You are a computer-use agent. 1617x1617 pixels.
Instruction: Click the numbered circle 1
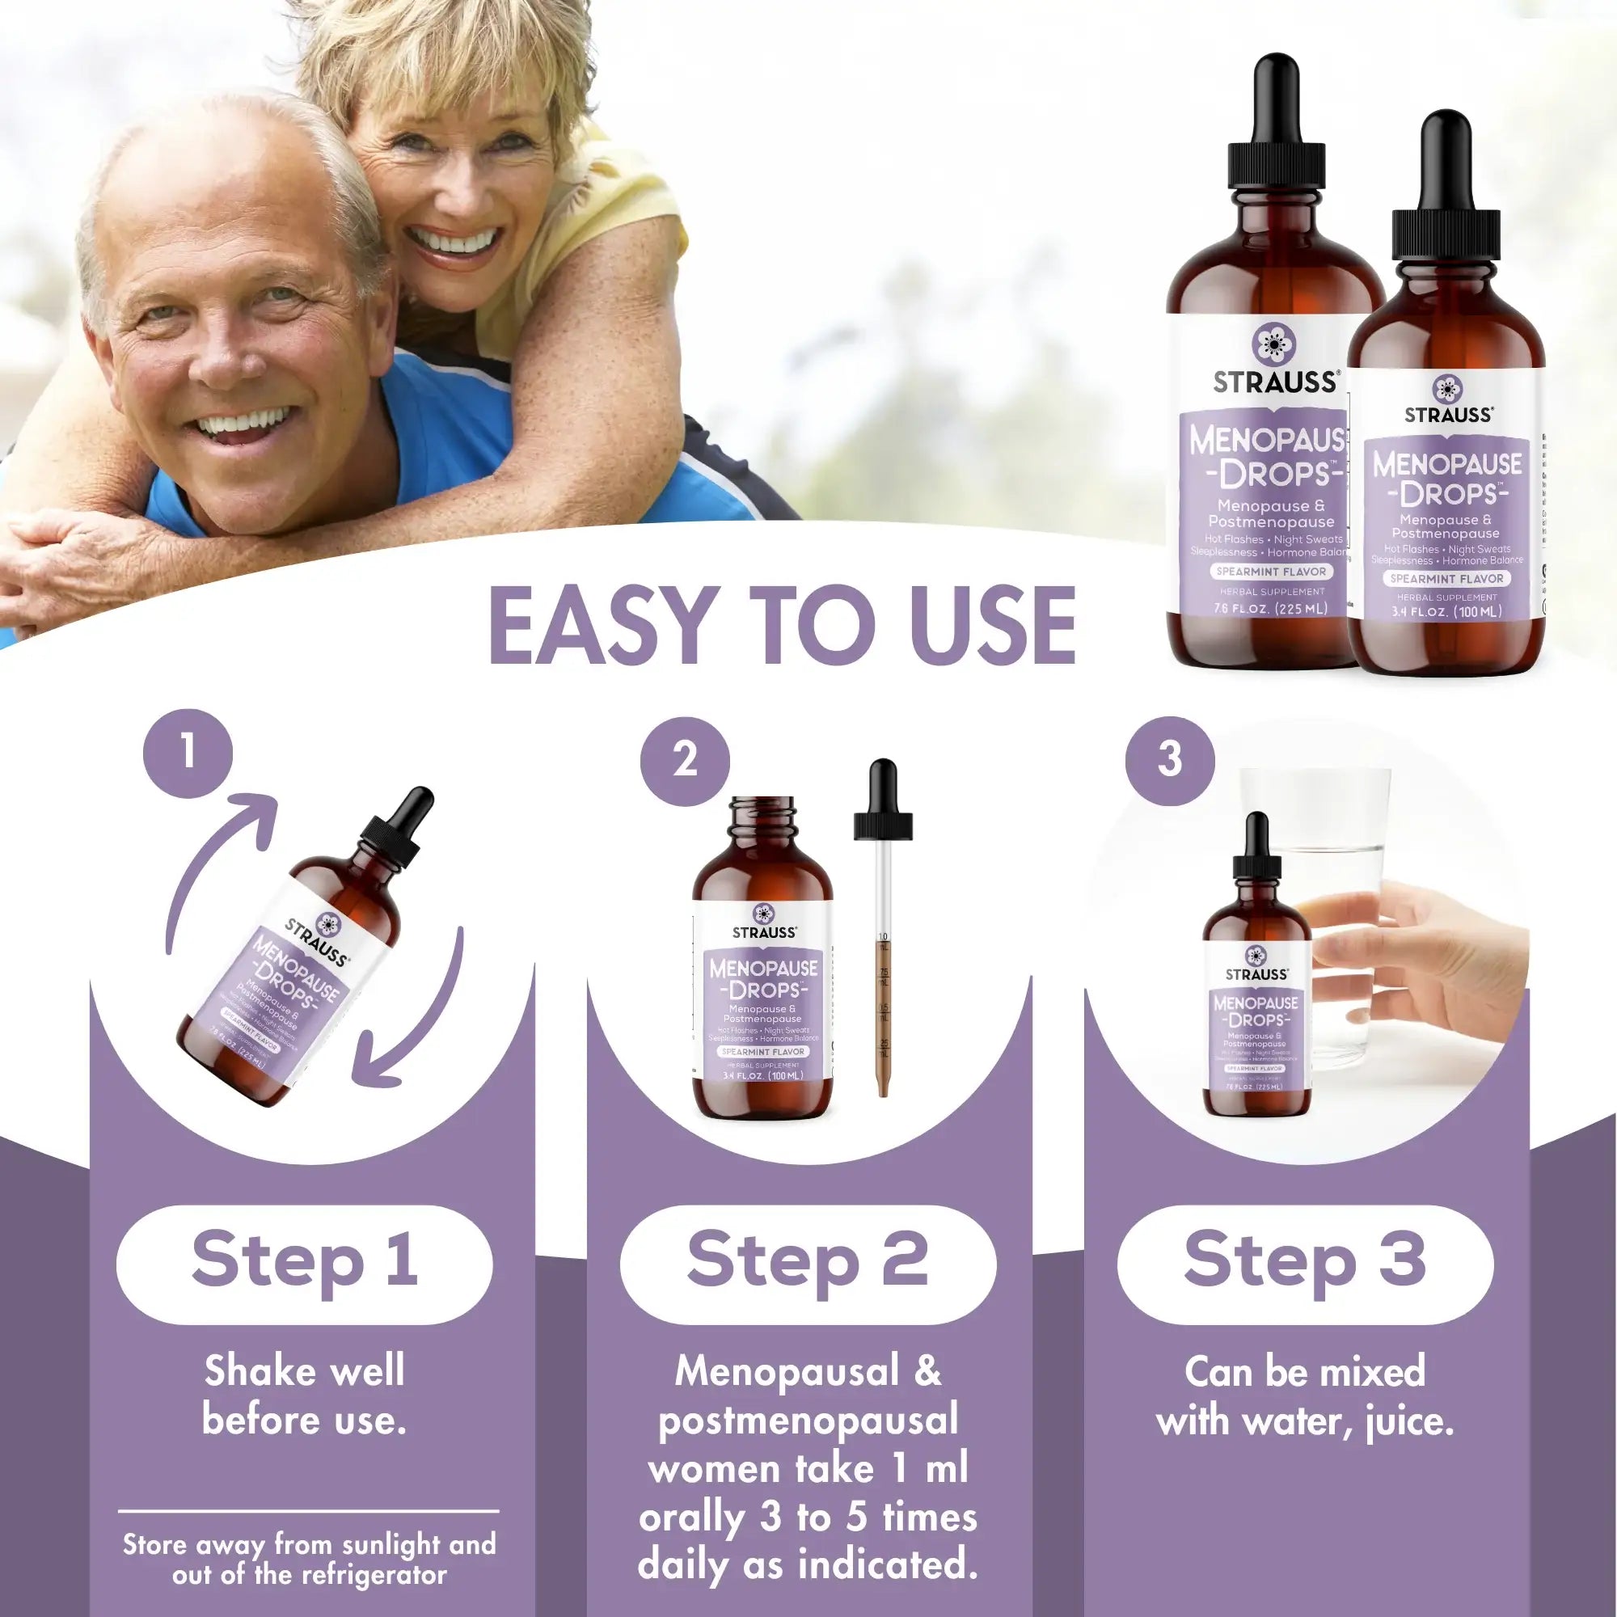pyautogui.click(x=188, y=751)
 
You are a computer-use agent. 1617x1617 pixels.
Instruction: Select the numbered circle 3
pyautogui.click(x=1169, y=759)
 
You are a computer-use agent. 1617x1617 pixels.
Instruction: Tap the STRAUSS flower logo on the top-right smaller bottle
pyautogui.click(x=1447, y=388)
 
